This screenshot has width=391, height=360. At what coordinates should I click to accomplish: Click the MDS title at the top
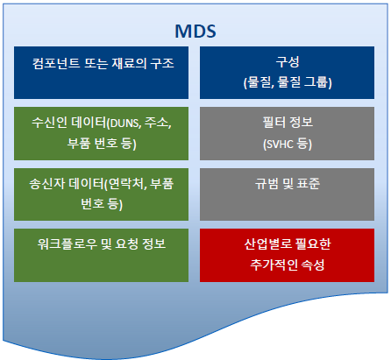(195, 31)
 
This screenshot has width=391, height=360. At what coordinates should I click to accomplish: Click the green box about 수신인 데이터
(102, 131)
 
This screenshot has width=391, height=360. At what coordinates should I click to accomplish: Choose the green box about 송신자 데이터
(102, 193)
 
